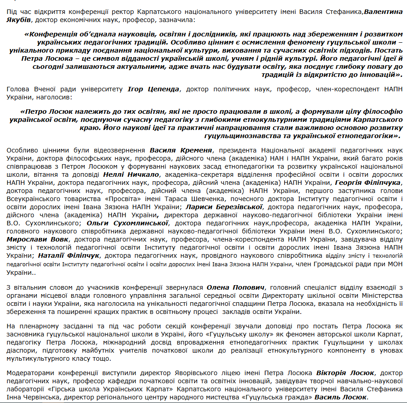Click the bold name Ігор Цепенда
pyautogui.click(x=154, y=89)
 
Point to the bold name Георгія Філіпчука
pyautogui.click(x=367, y=182)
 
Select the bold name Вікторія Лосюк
pyautogui.click(x=346, y=373)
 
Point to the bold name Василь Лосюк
pyautogui.click(x=341, y=398)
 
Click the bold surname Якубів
pyautogui.click(x=18, y=20)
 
